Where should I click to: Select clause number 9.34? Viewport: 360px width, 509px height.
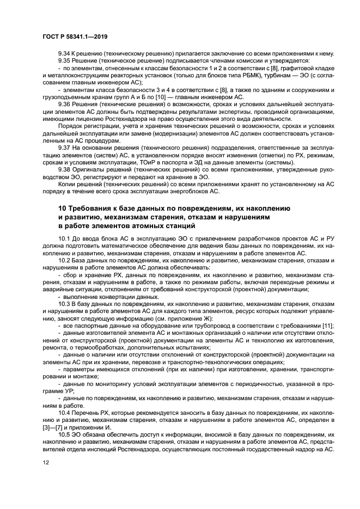point(65,54)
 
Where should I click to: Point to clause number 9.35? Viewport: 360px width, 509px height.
point(65,61)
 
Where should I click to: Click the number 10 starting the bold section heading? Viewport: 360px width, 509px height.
point(63,208)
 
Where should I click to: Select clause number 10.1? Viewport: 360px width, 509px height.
point(65,239)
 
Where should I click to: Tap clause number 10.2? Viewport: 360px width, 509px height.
point(65,261)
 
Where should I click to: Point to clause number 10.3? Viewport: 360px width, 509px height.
point(65,304)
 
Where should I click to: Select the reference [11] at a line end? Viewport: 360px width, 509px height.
point(327,325)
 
